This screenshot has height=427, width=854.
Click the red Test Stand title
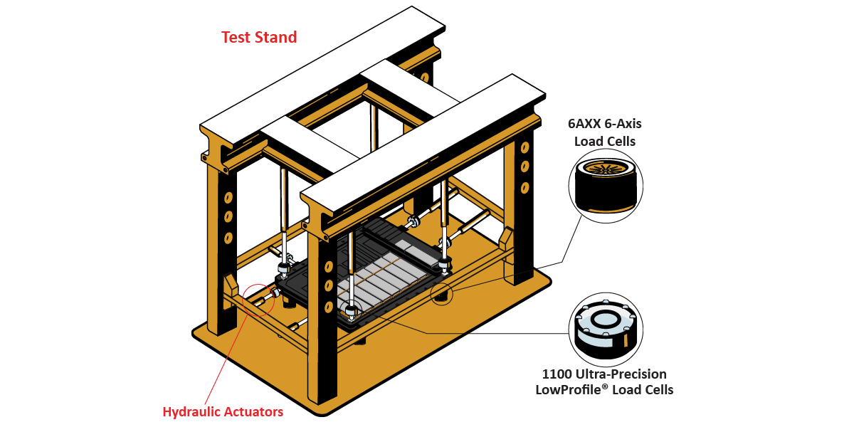259,37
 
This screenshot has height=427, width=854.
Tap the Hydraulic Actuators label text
223,411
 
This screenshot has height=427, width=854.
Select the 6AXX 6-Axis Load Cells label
605,132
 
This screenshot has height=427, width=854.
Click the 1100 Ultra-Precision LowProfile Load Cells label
604,381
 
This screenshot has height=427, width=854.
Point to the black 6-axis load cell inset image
606,186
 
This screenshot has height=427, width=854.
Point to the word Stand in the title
278,37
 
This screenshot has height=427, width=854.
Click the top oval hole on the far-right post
524,148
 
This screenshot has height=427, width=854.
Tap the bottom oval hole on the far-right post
524,187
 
